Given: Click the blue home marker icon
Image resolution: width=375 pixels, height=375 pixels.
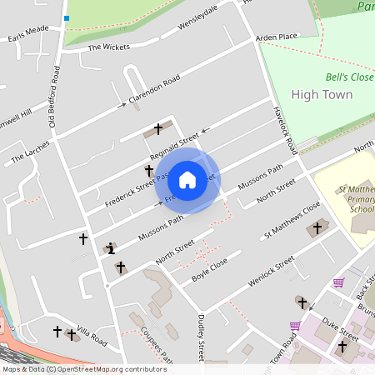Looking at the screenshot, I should pos(187,180).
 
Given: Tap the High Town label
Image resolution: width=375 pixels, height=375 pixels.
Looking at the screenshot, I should pos(322,94).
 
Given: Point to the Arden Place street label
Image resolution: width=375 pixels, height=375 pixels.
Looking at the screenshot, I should pos(277,37).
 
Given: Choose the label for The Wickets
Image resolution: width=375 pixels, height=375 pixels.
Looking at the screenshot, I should pos(110,47).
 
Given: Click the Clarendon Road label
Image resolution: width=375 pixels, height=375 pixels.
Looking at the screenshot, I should pos(154,92).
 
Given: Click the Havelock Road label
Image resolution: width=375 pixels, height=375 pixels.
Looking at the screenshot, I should pos(285,130).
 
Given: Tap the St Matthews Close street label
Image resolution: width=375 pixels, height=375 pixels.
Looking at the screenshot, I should pos(292,222).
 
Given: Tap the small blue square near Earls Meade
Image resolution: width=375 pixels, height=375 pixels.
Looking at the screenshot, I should pos(66,17).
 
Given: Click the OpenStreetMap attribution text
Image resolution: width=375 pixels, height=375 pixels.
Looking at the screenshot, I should pos(83,369).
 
